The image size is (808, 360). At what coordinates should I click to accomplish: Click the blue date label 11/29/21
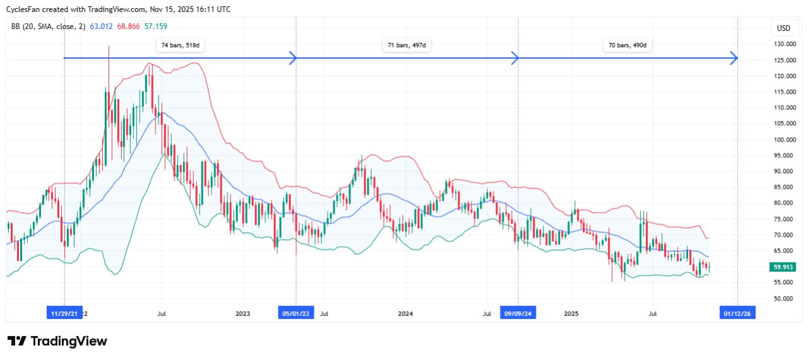65,313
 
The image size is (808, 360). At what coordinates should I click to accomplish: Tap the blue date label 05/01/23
295,313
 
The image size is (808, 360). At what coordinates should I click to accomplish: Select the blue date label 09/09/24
518,313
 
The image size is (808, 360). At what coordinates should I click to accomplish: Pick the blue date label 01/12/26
737,313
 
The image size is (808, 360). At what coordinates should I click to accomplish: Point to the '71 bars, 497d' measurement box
407,45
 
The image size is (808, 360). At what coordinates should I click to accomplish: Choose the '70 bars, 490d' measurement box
627,45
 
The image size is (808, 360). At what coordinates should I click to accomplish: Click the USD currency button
783,28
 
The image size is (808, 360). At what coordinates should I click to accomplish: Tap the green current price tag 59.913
785,267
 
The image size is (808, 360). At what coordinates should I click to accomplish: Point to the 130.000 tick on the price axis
785,44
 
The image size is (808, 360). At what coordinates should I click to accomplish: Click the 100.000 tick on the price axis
785,140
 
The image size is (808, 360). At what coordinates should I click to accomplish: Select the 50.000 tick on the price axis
785,298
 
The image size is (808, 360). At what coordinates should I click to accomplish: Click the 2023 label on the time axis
242,313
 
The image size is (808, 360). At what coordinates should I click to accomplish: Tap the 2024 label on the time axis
406,313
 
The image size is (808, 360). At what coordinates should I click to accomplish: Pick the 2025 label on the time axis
571,313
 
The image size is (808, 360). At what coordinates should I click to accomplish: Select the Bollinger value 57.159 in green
155,27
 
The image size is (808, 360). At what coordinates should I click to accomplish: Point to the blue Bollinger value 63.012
102,27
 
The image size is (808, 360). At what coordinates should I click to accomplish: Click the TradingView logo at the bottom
57,341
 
